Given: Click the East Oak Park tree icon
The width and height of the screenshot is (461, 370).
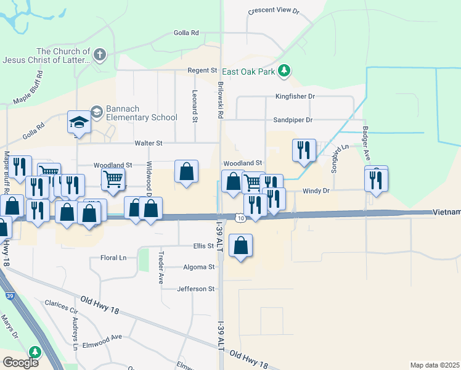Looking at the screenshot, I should (x=284, y=71).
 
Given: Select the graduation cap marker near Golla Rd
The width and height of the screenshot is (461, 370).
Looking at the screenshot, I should (x=80, y=122).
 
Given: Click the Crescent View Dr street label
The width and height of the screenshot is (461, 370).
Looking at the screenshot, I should (x=273, y=11).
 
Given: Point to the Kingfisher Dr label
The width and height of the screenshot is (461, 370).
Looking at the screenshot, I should (x=295, y=96).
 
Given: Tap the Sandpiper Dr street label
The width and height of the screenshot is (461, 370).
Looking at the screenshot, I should (x=293, y=120).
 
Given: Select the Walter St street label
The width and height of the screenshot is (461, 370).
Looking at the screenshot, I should (x=149, y=143).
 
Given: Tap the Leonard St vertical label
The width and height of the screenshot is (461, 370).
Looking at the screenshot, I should (x=194, y=105).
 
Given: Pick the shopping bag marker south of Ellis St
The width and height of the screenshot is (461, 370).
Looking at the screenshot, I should (x=240, y=245).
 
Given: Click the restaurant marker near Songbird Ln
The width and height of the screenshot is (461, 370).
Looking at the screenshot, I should (x=304, y=151).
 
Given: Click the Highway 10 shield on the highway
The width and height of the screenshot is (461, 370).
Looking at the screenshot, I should (x=240, y=218).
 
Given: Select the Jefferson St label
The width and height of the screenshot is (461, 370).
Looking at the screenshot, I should (x=195, y=289).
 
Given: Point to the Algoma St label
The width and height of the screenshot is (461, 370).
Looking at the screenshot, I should (x=198, y=267).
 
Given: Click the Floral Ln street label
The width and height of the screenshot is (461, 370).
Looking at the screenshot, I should (x=113, y=258).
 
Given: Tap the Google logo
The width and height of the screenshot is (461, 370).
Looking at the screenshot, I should (x=20, y=363).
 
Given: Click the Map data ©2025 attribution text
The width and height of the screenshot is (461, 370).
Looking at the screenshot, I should (x=434, y=365).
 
